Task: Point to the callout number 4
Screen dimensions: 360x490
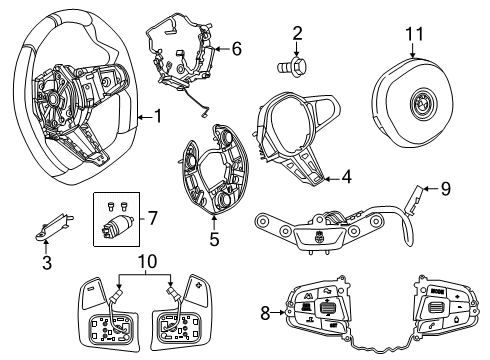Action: pos(345,178)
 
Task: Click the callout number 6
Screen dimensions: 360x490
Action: pos(236,47)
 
